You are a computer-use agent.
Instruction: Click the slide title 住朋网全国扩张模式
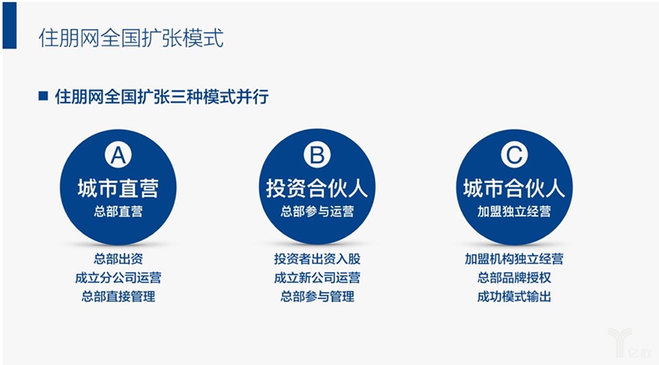(131, 38)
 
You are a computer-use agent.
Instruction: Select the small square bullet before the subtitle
(43, 96)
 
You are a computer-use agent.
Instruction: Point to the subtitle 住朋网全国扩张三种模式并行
(162, 97)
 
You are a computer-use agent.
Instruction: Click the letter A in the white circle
(118, 155)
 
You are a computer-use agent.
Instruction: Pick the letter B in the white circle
(317, 155)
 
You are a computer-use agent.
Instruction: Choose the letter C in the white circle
(514, 155)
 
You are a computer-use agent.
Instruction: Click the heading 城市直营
(118, 188)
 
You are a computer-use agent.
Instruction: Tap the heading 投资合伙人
(317, 188)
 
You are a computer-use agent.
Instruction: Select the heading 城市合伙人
(514, 188)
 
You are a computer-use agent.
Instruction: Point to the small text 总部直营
(118, 212)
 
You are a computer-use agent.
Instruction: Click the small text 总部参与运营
(317, 212)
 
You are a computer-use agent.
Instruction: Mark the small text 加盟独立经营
(514, 212)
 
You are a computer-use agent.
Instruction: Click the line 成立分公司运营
(118, 278)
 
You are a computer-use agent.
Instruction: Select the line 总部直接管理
(118, 297)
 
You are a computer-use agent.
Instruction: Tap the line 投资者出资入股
(317, 259)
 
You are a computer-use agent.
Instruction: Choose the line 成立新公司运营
(317, 278)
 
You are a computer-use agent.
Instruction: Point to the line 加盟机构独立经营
(514, 259)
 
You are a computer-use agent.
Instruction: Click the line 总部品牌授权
(514, 278)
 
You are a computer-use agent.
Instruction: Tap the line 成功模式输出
(514, 297)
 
